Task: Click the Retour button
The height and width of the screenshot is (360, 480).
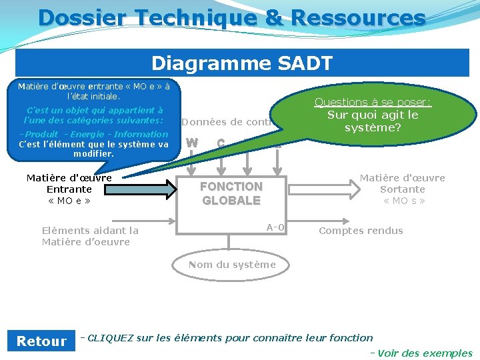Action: click(x=41, y=341)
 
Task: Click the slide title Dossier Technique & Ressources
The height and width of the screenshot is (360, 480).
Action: click(x=231, y=18)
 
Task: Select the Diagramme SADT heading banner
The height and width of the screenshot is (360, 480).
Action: click(x=242, y=63)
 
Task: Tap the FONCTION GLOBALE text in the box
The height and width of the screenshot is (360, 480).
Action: click(x=231, y=193)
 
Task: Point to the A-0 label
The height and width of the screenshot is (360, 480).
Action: click(x=275, y=228)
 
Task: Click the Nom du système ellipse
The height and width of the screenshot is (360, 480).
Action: click(x=231, y=265)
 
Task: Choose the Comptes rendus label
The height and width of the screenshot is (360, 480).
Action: click(x=361, y=231)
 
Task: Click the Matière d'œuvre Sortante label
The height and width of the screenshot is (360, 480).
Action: click(x=403, y=189)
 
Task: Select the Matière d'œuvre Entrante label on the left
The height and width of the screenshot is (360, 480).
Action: click(x=69, y=189)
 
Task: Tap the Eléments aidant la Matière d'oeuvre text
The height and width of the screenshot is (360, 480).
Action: click(x=90, y=236)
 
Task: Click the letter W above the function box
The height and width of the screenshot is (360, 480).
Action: click(x=192, y=143)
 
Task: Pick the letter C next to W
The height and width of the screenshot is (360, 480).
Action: click(x=221, y=143)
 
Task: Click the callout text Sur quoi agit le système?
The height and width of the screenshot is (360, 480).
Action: click(x=373, y=121)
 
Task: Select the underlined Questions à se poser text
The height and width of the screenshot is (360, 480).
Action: click(x=373, y=102)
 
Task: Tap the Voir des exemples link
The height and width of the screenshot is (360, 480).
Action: click(x=424, y=353)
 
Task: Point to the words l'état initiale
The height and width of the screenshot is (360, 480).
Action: click(x=93, y=97)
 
